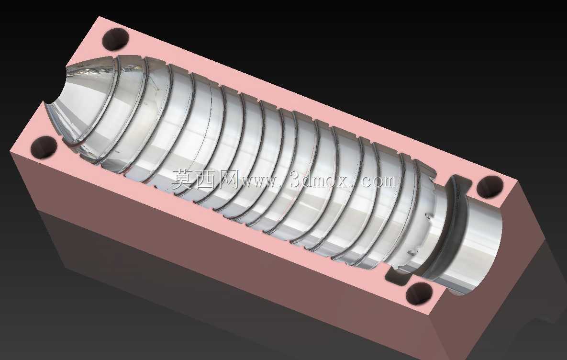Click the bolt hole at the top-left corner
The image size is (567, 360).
coord(115,39)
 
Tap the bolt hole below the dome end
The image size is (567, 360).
coord(44,148)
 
